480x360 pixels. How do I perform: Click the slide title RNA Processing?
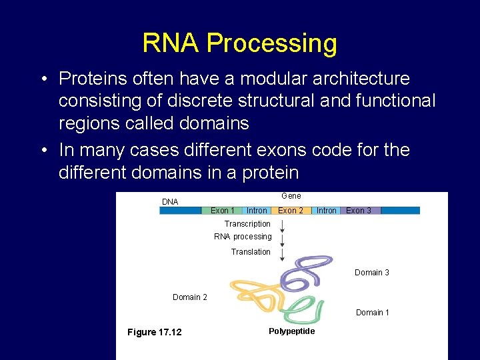click(x=239, y=43)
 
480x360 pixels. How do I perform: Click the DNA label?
click(x=170, y=202)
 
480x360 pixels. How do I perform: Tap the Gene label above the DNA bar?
click(x=291, y=196)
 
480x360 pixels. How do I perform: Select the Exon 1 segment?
click(x=222, y=211)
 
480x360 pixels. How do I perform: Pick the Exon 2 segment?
click(x=291, y=211)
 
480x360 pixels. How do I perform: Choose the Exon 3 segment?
click(x=359, y=211)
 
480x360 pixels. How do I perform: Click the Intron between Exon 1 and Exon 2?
click(x=257, y=211)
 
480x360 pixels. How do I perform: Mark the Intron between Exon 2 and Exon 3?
click(x=326, y=211)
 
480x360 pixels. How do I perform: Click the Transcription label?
click(x=247, y=224)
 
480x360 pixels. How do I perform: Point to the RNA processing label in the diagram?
click(x=243, y=237)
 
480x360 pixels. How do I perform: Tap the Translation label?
click(x=251, y=252)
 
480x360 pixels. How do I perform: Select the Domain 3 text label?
click(x=372, y=273)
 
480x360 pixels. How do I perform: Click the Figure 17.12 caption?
click(x=154, y=333)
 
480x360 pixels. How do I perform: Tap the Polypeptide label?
click(x=291, y=331)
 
